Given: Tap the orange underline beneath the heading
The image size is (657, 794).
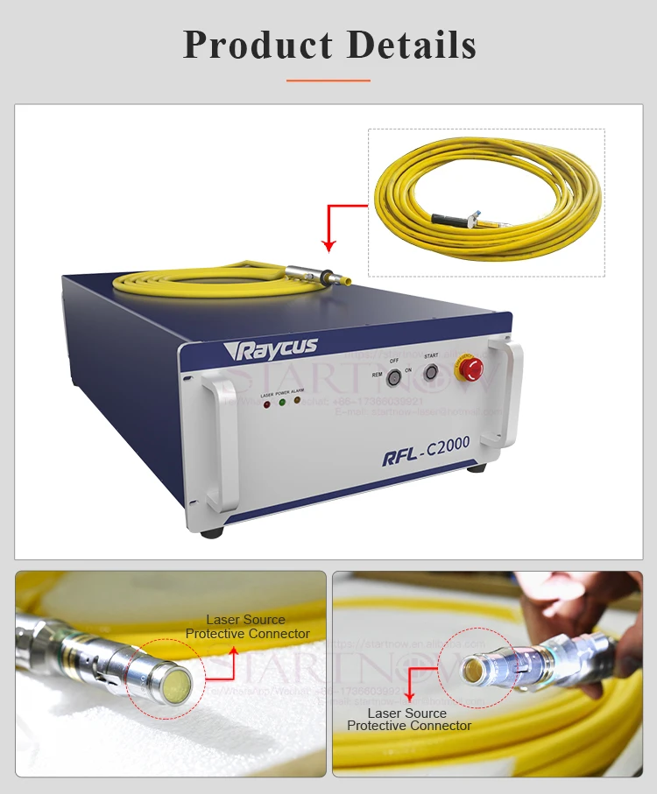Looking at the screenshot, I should [x=328, y=80].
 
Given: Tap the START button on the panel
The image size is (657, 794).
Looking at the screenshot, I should [x=430, y=371].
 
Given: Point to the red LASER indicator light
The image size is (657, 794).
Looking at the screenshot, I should [x=266, y=404].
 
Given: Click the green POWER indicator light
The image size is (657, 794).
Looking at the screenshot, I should [x=282, y=403].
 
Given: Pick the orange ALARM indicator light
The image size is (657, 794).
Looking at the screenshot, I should [x=298, y=401].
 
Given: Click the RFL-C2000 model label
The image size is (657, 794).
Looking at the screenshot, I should [x=427, y=452].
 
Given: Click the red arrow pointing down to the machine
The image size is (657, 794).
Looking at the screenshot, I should [x=330, y=226].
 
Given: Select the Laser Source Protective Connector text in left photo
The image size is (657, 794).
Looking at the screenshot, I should [x=247, y=627].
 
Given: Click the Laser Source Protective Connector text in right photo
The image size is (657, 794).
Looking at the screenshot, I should [x=408, y=720].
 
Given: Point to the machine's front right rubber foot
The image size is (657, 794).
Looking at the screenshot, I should [x=476, y=467].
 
